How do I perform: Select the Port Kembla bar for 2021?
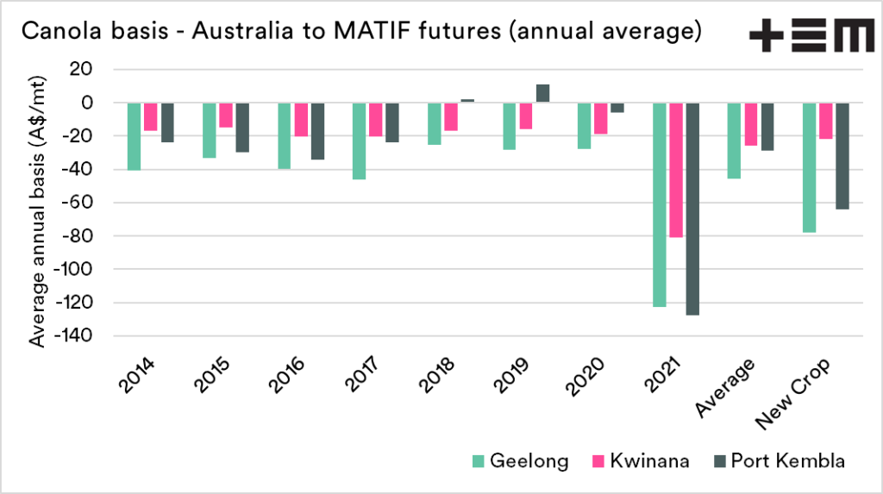point(692,209)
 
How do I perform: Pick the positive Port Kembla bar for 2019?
point(542,93)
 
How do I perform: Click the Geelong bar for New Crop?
point(810,167)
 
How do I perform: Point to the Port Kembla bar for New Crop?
point(842,156)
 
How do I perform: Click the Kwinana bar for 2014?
point(151,116)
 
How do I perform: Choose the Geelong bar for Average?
point(735,141)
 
